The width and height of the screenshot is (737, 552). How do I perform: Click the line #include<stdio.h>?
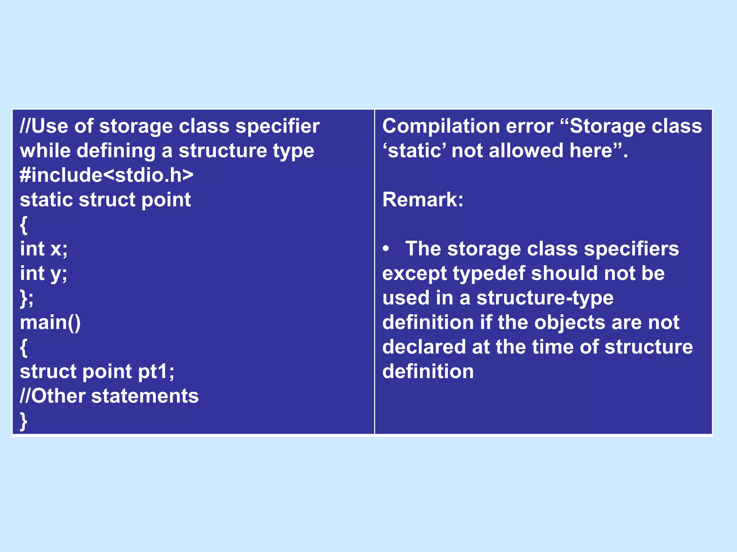107,175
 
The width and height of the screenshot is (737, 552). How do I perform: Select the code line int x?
44,249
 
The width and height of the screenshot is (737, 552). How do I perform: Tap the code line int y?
44,274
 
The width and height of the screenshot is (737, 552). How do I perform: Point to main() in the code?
50,322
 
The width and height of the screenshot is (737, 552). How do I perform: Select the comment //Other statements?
109,396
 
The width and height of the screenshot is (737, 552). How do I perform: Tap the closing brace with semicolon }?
27,298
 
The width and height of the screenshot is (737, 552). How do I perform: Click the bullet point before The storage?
386,249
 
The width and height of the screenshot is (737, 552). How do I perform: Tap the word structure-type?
545,298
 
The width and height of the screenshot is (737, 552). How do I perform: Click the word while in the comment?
45,151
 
